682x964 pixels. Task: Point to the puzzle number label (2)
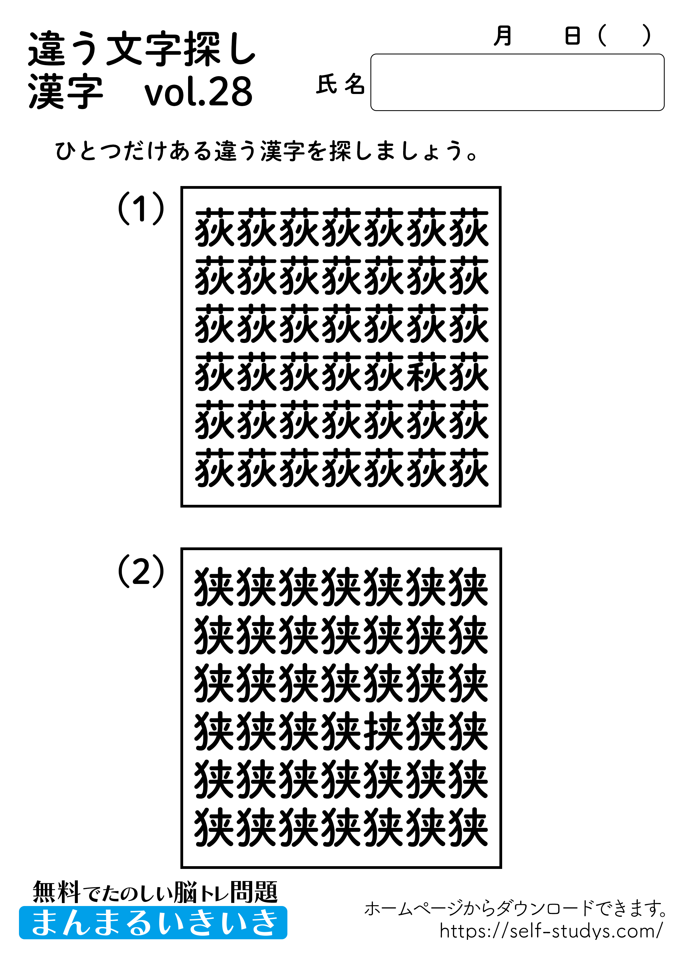coord(141,571)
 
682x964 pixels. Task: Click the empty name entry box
coord(517,82)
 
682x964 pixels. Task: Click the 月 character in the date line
coord(503,36)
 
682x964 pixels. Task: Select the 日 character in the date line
coord(572,36)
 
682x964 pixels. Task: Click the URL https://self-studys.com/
coord(551,931)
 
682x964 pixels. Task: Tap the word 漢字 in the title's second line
coord(65,92)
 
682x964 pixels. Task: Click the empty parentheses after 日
coord(624,36)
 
